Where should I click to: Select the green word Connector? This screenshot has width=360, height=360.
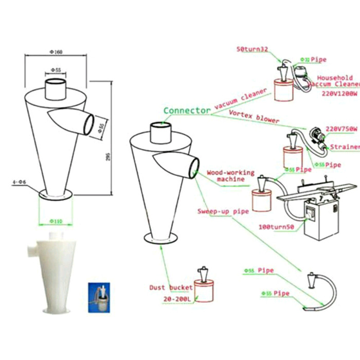(x=187, y=110)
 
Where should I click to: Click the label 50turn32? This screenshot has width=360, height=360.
(x=253, y=49)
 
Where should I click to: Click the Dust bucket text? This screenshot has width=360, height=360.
(x=171, y=287)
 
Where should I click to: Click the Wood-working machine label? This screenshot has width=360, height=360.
(x=230, y=175)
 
